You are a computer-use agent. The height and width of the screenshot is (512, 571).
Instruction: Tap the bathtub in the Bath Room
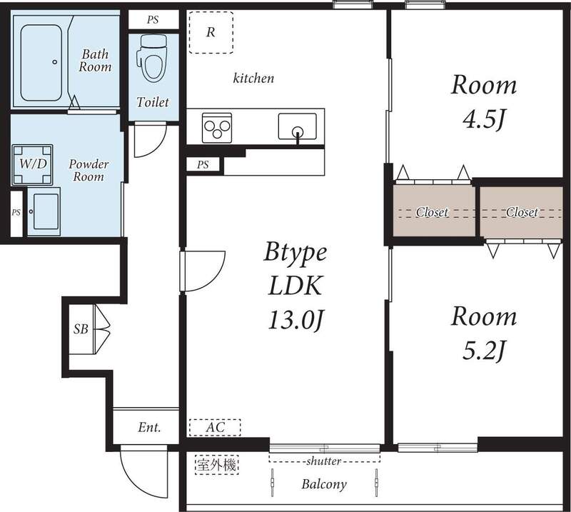tap(41, 63)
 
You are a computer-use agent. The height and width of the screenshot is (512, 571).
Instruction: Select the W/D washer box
tap(32, 164)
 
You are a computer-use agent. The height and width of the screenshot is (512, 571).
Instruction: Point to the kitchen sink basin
tap(297, 126)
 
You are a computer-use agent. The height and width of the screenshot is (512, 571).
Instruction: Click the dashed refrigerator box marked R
tap(211, 32)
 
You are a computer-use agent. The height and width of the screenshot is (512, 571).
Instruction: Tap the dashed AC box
tap(215, 428)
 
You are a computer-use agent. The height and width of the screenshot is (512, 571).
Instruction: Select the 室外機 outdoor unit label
tap(217, 465)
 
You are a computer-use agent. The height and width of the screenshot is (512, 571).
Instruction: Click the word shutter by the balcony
tap(324, 461)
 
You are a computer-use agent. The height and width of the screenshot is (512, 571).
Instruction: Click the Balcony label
tap(324, 484)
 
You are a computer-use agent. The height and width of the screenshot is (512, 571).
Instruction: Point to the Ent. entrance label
tap(149, 427)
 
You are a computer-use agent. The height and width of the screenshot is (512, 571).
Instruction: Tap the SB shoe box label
tap(81, 329)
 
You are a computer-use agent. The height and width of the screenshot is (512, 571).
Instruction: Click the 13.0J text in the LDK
tap(296, 320)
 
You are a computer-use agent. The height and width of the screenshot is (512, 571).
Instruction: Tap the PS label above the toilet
tap(153, 20)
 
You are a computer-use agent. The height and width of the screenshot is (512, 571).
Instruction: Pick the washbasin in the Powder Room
tap(44, 211)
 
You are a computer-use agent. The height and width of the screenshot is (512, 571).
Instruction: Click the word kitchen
tap(253, 78)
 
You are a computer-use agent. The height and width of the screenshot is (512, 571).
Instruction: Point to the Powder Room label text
tap(89, 170)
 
